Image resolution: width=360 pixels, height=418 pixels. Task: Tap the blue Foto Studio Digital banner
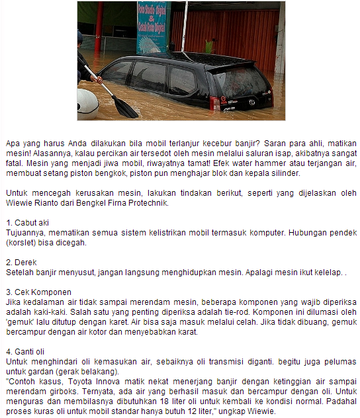tap(154, 26)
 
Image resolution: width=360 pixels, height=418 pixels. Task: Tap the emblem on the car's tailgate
tap(251, 102)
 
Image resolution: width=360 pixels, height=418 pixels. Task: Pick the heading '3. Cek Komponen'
tap(38, 291)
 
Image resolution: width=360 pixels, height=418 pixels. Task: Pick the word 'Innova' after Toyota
tap(113, 383)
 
